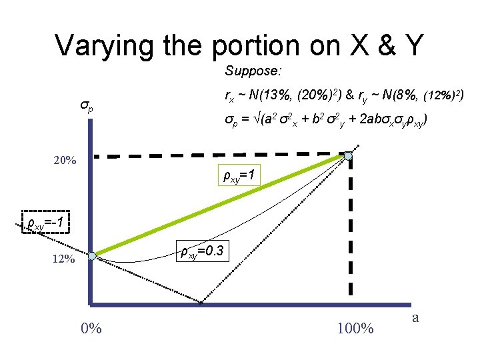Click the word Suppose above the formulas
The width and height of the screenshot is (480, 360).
[247, 70]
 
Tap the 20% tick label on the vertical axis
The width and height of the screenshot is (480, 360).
[65, 161]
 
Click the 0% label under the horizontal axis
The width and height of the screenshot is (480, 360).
[91, 328]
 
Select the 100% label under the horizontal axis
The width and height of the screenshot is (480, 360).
[355, 328]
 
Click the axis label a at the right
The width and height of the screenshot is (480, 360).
[415, 317]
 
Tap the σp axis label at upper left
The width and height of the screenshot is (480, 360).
[87, 106]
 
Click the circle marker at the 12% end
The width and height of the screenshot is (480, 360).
[93, 256]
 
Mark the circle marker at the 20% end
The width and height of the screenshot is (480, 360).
[349, 156]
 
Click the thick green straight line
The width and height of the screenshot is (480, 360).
[220, 206]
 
